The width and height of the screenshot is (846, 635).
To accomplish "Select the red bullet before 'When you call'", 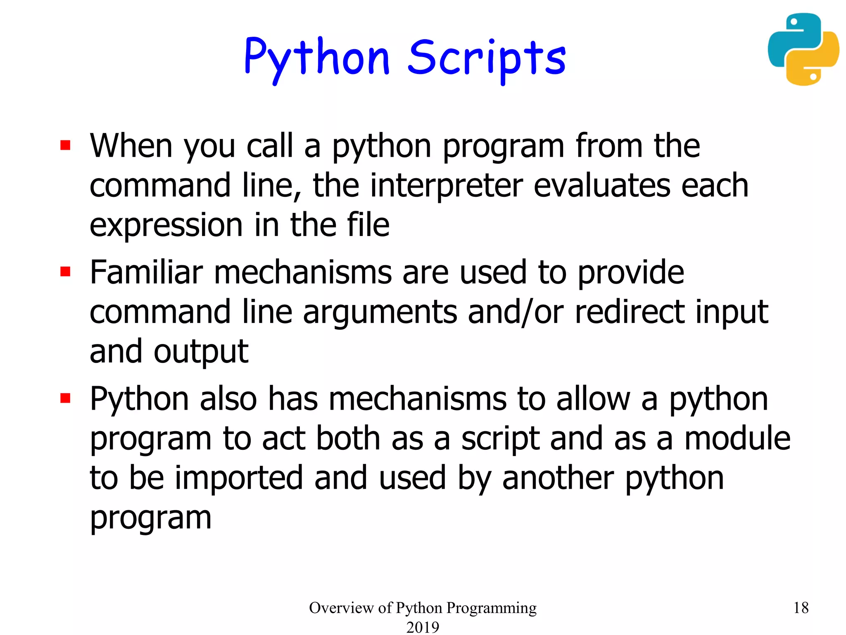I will (65, 146).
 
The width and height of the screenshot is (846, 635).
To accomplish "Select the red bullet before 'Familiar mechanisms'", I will (65, 272).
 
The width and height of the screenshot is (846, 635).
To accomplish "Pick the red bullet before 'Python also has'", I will (65, 398).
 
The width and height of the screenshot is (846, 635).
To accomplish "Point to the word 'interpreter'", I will (446, 186).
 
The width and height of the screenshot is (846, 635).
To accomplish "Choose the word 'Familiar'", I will (146, 272).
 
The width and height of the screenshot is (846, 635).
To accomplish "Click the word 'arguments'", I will (380, 312).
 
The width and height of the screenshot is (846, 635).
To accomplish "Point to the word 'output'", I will (201, 352).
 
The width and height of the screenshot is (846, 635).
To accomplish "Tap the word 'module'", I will (737, 439).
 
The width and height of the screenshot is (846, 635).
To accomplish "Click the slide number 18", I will (801, 608).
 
